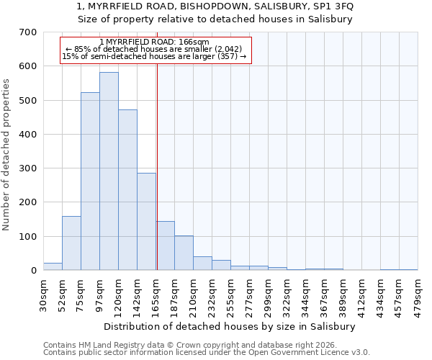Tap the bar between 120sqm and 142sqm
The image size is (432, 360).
tap(127, 190)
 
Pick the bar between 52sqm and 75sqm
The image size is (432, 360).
tap(71, 243)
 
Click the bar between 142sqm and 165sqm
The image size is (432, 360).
tap(146, 222)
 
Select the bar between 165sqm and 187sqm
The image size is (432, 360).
tap(165, 246)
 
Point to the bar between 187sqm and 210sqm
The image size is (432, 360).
tap(184, 253)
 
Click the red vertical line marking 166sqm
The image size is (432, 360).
tap(157, 166)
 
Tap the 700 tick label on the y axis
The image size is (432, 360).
tap(28, 32)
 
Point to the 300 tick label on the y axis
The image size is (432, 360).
tap(28, 168)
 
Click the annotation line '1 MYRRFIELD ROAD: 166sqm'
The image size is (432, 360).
tap(154, 42)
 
